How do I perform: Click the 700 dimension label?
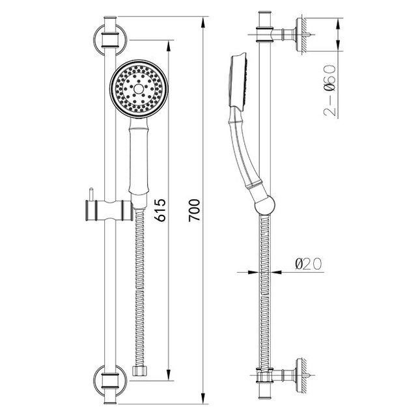coord(194,210)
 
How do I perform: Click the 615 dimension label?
coord(160,210)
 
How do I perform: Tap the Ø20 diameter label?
coord(309,264)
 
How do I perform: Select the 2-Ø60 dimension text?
coord(329,90)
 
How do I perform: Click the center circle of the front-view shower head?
coord(139,89)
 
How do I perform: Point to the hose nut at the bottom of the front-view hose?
coord(140,371)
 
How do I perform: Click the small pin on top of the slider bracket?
coord(91,194)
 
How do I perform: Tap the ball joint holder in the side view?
coord(264,204)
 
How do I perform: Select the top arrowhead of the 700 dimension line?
coord(203,22)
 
